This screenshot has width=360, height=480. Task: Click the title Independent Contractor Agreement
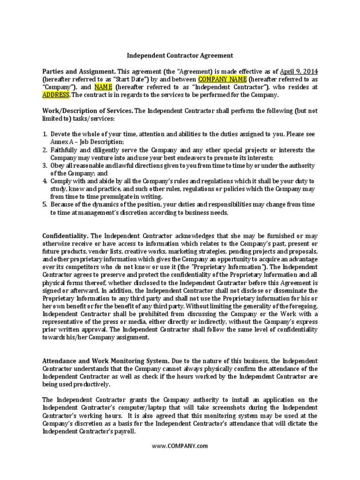[x=180, y=55]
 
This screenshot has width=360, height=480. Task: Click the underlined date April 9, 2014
[x=299, y=71]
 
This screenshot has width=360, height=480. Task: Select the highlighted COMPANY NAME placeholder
[x=222, y=79]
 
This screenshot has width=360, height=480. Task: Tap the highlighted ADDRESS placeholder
[x=56, y=95]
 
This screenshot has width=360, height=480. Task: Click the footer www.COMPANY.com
[x=180, y=446]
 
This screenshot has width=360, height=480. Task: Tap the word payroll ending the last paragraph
[x=125, y=431]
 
